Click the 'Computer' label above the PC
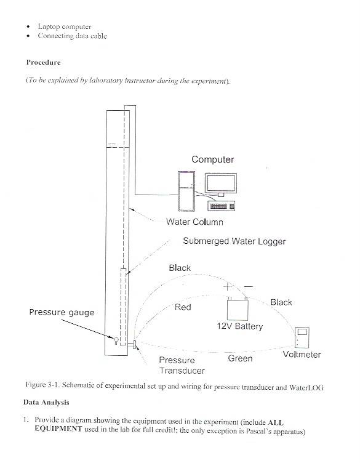[x=212, y=159]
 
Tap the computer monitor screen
[x=221, y=183]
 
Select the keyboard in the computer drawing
[x=222, y=206]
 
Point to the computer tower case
[x=186, y=191]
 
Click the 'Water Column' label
[x=194, y=222]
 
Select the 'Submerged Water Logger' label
[x=234, y=241]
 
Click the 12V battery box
[x=238, y=309]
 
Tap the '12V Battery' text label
[x=239, y=326]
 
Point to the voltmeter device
[x=302, y=337]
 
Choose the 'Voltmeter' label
[x=302, y=355]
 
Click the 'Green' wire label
[x=240, y=358]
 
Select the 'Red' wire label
[x=183, y=307]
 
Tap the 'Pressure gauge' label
[x=62, y=312]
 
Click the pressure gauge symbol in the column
[x=116, y=340]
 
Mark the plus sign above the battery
[x=228, y=286]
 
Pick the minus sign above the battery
[x=249, y=286]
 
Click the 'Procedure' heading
[x=43, y=62]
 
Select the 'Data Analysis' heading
[x=46, y=402]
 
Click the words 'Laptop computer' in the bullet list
[x=65, y=26]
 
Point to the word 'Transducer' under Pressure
[x=182, y=371]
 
